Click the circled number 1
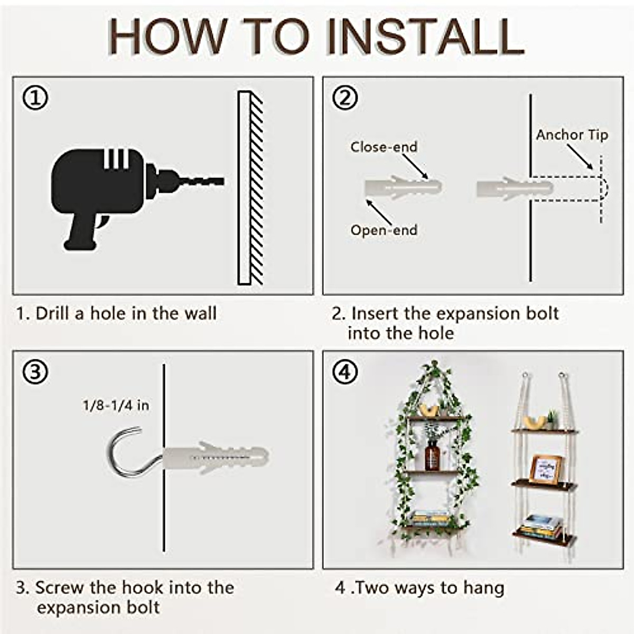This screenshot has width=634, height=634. click(35, 98)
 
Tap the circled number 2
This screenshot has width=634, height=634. click(345, 98)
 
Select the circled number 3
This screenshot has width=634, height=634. click(35, 372)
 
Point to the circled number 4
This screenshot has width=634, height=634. click(345, 372)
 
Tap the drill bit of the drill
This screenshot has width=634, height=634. click(203, 181)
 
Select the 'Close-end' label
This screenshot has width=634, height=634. click(384, 147)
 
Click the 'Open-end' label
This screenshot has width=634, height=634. click(384, 230)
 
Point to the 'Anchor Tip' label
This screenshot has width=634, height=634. click(572, 135)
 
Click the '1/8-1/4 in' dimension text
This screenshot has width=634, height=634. click(116, 405)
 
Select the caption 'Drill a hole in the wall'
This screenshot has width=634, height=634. click(116, 313)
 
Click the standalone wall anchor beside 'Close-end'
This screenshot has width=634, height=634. click(403, 188)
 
